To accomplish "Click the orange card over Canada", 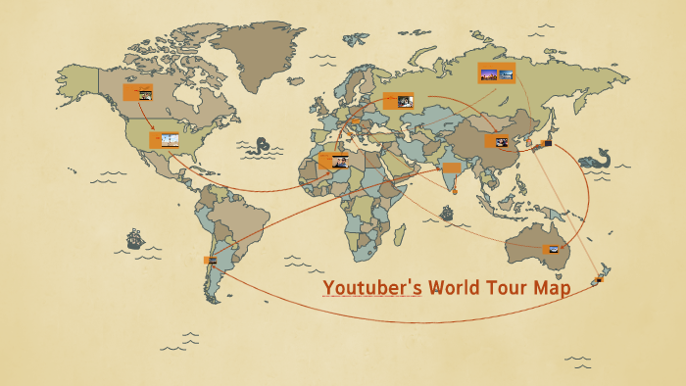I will pos(137,93).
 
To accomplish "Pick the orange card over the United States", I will pos(164,140).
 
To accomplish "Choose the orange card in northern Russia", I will pos(496,72).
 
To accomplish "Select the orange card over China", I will pos(497,141).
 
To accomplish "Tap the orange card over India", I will pos(451,168).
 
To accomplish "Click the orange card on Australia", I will pos(553,250).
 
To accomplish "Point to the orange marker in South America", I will pos(210,260).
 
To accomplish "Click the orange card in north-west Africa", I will pos(333,161).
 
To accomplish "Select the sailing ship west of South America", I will pos(134,238).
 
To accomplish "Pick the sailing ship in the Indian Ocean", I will pos(447,211).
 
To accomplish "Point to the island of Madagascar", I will pos(399,233).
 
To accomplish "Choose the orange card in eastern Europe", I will pos(399,99).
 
